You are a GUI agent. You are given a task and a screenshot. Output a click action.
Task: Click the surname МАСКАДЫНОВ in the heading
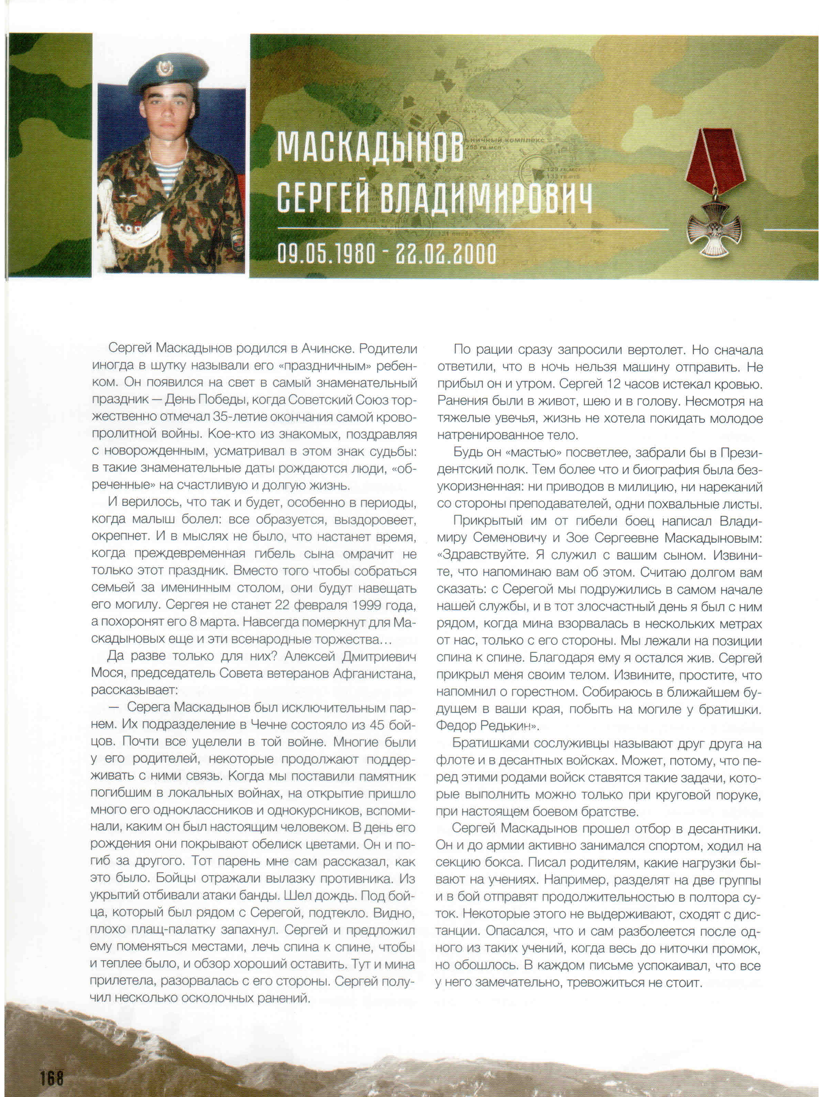coord(370,147)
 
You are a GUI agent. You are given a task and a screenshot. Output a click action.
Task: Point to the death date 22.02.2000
coord(445,254)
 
